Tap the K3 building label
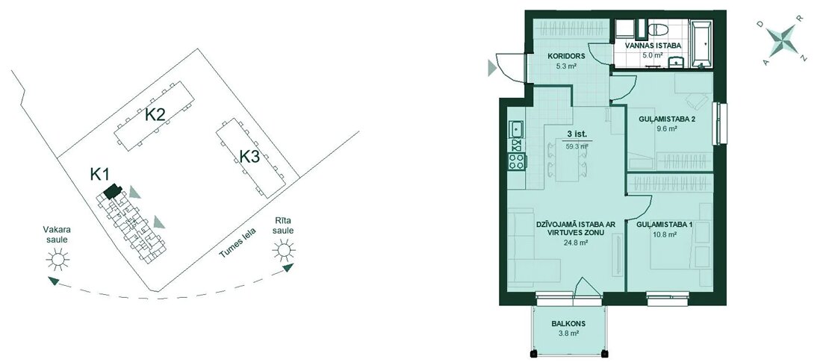(249, 157)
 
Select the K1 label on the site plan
(99, 174)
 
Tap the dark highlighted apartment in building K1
(112, 191)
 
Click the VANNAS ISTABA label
(653, 46)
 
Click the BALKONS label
(569, 324)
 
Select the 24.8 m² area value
(569, 243)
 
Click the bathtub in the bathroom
(701, 44)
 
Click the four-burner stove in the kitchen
(516, 161)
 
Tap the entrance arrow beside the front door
(492, 68)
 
